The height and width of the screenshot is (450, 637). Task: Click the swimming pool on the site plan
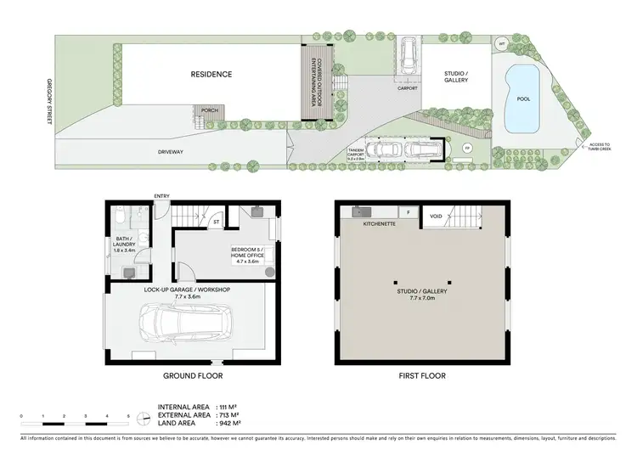[x=521, y=99]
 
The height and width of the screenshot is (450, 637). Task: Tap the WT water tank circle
[x=502, y=45]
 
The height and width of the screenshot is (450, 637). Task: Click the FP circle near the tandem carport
[x=466, y=149]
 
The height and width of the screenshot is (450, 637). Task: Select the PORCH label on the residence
[x=208, y=110]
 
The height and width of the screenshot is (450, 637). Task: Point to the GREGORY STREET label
[x=49, y=104]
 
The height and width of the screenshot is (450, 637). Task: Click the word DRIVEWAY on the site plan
[x=170, y=152]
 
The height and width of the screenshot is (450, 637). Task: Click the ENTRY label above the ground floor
[x=161, y=197]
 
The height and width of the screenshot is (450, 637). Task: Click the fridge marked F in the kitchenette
[x=409, y=212]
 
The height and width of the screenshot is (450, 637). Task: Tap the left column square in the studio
[x=395, y=281]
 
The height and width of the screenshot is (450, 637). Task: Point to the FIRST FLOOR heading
[x=422, y=374]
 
